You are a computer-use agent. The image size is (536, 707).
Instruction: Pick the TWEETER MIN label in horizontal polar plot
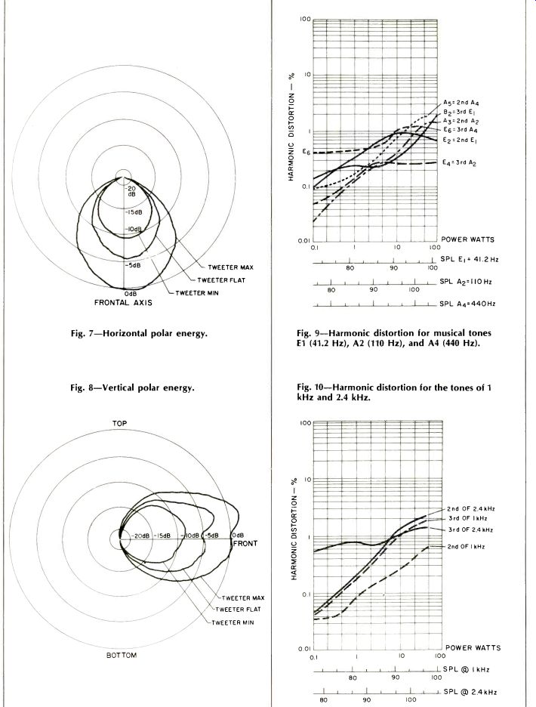coord(197,292)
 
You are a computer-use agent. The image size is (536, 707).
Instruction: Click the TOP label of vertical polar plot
coord(120,425)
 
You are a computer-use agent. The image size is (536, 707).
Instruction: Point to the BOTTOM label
coord(120,655)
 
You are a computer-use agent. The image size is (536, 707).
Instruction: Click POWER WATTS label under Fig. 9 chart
coord(468,239)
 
